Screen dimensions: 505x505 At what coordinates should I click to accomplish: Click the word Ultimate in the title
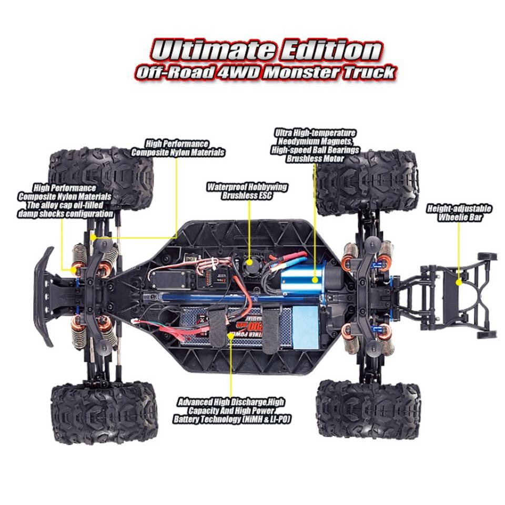(213, 50)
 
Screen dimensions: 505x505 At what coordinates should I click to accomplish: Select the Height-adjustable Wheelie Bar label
(459, 213)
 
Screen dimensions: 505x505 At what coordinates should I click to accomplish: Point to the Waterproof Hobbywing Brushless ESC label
(247, 191)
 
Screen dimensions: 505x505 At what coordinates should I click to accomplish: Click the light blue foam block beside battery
(305, 326)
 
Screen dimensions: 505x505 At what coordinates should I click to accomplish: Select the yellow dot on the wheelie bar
(459, 282)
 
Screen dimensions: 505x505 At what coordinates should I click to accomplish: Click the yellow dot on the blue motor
(315, 279)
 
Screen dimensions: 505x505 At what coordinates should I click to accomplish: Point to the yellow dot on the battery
(230, 335)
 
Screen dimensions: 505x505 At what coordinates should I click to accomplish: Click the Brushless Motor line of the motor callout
(315, 158)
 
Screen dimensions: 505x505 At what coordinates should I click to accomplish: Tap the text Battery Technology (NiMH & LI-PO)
(232, 419)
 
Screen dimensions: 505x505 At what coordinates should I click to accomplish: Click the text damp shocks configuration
(66, 214)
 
